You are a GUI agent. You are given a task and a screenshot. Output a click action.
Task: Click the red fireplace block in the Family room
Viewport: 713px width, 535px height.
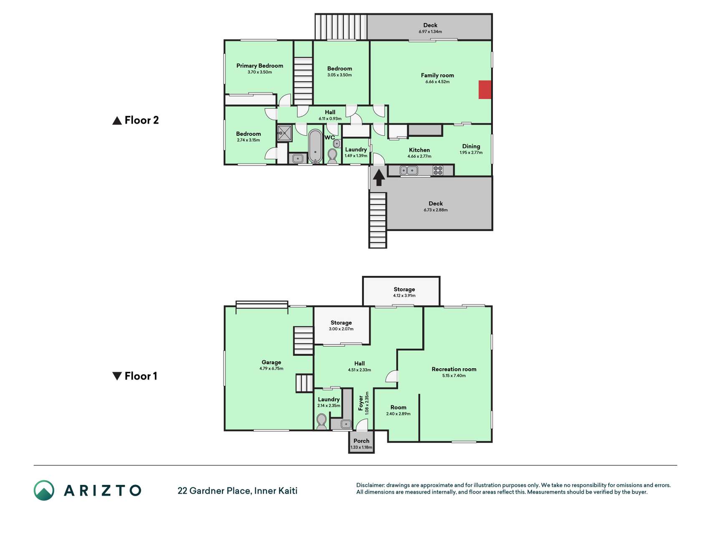tap(485, 90)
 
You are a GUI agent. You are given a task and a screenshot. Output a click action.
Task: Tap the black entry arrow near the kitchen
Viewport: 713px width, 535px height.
tap(379, 177)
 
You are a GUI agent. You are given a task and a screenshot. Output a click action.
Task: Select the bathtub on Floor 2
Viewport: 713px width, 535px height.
tap(315, 146)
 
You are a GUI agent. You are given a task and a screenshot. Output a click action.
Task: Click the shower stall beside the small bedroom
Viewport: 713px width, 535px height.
tap(284, 133)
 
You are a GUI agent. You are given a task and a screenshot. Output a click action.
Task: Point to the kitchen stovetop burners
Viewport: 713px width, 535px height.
tap(438, 170)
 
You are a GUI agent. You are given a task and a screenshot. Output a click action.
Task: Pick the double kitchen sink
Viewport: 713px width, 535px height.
tap(409, 171)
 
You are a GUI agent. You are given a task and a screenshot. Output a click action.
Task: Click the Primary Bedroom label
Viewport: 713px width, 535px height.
tap(260, 66)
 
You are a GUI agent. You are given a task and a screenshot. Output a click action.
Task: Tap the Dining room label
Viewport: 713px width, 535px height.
tap(471, 146)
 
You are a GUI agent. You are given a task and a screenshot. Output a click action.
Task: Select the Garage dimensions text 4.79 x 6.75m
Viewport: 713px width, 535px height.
tap(271, 369)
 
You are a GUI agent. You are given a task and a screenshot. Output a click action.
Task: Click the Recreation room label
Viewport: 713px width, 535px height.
tap(454, 369)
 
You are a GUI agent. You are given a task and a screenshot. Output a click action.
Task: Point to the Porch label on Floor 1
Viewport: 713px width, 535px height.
tap(361, 441)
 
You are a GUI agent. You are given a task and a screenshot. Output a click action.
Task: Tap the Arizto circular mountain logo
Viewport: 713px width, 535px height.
tap(44, 490)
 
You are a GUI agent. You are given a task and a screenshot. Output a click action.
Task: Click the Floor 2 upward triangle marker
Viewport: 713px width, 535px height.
tap(117, 120)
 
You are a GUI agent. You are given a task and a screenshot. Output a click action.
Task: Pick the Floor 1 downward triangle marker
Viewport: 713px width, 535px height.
tap(117, 376)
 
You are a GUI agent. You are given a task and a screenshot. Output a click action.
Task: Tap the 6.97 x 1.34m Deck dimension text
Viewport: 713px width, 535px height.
tap(430, 32)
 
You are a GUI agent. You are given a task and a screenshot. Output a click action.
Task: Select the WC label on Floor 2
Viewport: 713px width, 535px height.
tap(330, 138)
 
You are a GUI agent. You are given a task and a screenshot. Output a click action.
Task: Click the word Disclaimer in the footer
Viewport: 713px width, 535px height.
tap(370, 485)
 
